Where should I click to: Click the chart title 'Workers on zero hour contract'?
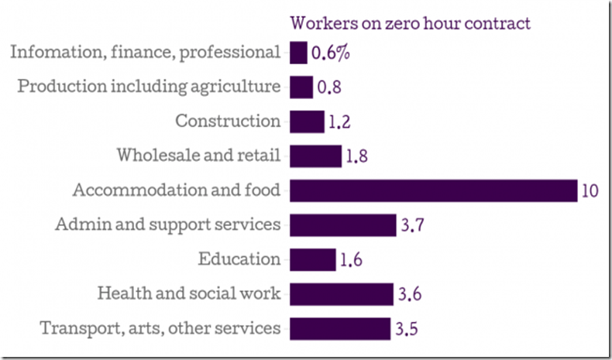pos(410,22)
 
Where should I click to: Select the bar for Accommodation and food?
pos(433,190)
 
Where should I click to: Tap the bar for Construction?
pos(307,122)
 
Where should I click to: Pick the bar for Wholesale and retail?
pos(315,156)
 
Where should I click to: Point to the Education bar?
pos(313,259)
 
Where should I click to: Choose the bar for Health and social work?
pos(342,294)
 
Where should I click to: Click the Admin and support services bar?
pos(342,225)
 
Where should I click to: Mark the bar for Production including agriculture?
pos(301,87)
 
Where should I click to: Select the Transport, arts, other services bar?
pos(339,328)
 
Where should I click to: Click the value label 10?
pos(590,191)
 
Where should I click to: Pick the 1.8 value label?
pos(357,156)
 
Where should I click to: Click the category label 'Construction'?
pos(228,122)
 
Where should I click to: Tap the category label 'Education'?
pos(239,259)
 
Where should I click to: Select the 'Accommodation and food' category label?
pos(176,190)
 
